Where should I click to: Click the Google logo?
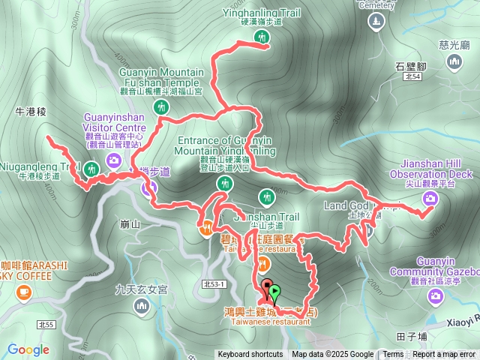pyautogui.click(x=28, y=349)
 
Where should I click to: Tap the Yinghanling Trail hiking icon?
pyautogui.click(x=261, y=37)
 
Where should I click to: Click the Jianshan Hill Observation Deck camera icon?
pyautogui.click(x=430, y=198)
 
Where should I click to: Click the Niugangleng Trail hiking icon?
pyautogui.click(x=91, y=169)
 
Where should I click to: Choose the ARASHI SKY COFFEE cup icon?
pyautogui.click(x=23, y=291)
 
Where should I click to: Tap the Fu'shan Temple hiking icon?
pyautogui.click(x=160, y=108)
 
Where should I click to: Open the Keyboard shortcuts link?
pyautogui.click(x=250, y=355)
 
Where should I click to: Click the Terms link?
pyautogui.click(x=393, y=355)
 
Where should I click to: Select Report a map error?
pyautogui.click(x=445, y=355)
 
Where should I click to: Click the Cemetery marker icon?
pyautogui.click(x=376, y=22)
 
